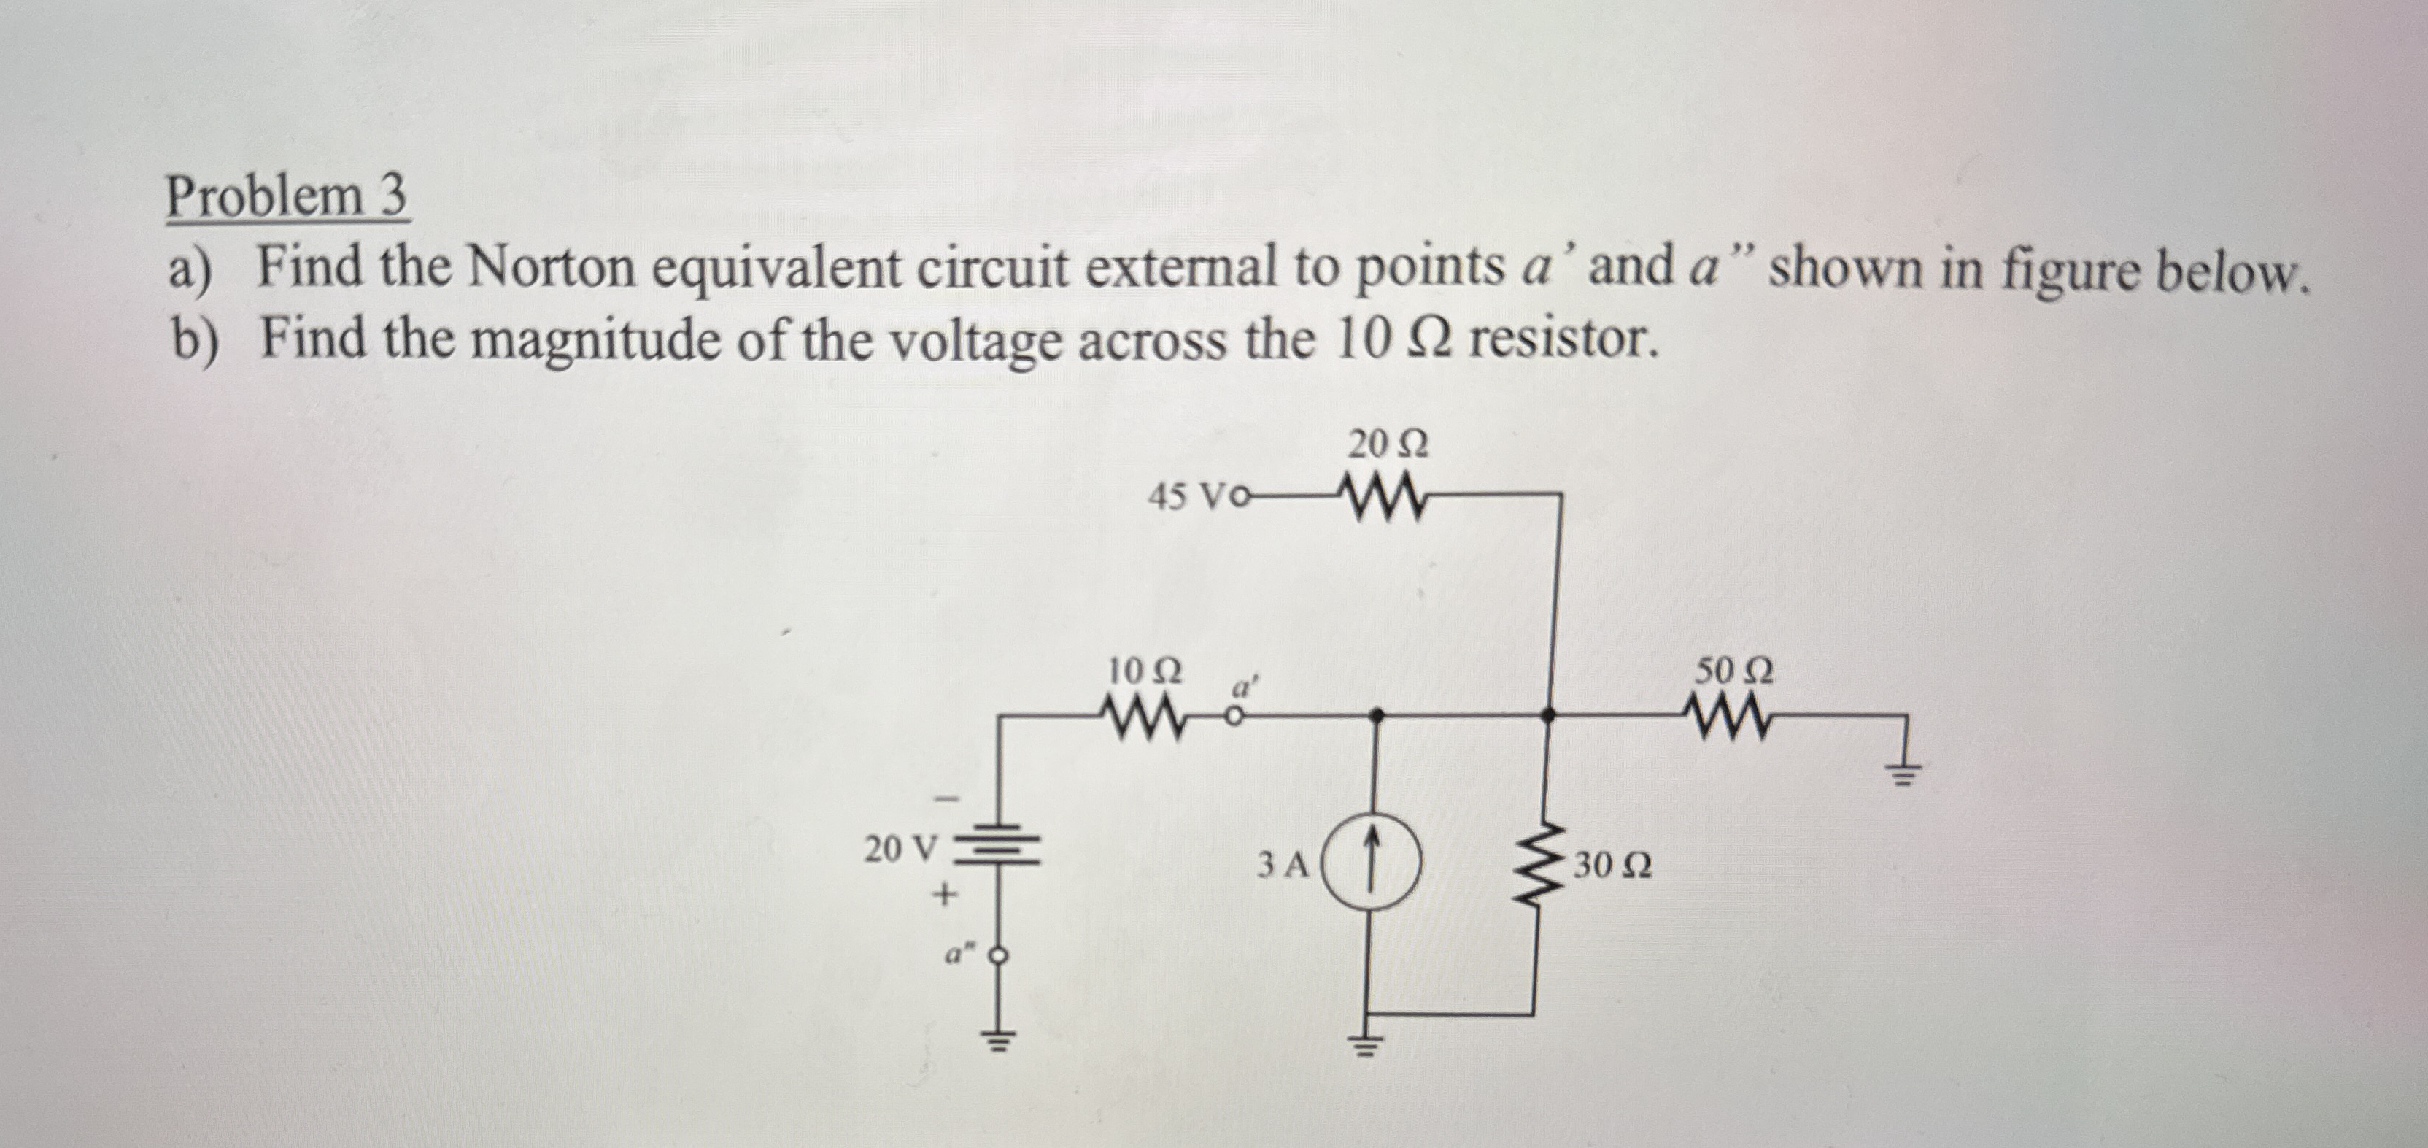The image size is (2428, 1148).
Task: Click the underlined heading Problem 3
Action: pos(287,197)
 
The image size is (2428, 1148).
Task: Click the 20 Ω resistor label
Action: pos(1388,444)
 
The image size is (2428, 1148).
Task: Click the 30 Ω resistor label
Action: pos(1612,866)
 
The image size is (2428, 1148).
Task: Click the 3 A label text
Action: pos(1283,864)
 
